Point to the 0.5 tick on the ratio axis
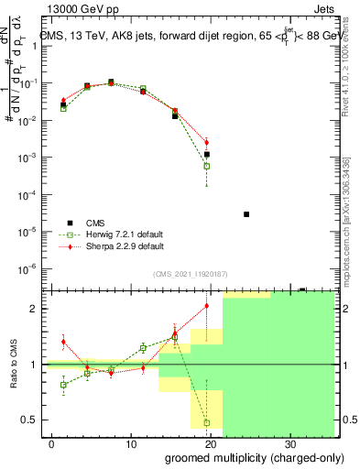point(30,420)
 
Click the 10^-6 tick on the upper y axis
point(28,268)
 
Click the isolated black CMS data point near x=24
point(246,214)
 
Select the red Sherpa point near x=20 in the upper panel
point(207,142)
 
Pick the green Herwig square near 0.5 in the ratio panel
point(207,423)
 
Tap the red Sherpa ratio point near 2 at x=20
point(207,306)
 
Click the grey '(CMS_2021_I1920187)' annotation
point(191,272)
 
